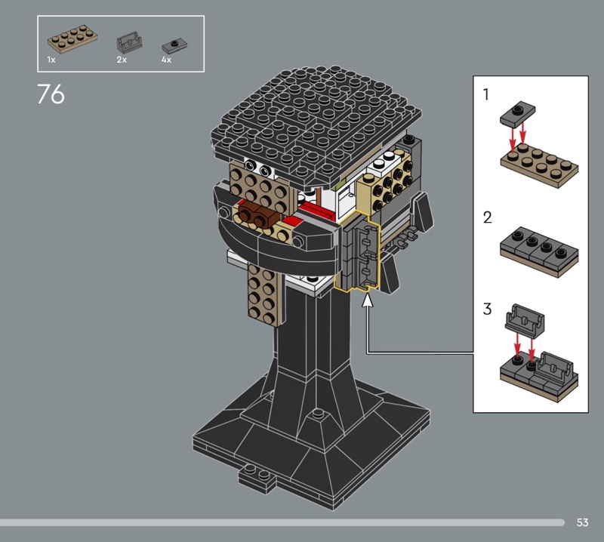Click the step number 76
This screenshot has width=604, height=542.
click(51, 94)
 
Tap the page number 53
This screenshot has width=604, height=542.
click(582, 522)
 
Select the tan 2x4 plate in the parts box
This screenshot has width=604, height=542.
click(72, 39)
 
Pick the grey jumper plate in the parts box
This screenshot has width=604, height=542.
click(174, 46)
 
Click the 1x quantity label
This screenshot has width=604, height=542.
click(51, 60)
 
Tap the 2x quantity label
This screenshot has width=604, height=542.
click(122, 60)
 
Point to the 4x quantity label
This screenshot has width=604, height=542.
click(166, 60)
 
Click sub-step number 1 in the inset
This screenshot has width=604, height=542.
click(486, 95)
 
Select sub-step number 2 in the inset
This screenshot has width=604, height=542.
click(487, 217)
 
